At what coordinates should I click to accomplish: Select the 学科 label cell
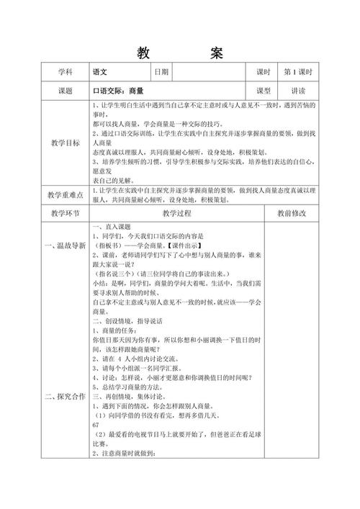[x=66, y=73]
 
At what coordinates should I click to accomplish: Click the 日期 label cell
[x=161, y=73]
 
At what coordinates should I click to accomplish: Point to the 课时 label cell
[x=263, y=73]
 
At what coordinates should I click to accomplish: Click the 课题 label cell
[x=66, y=91]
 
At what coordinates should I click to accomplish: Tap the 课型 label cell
[x=263, y=91]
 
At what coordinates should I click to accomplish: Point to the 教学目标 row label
[x=66, y=143]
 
